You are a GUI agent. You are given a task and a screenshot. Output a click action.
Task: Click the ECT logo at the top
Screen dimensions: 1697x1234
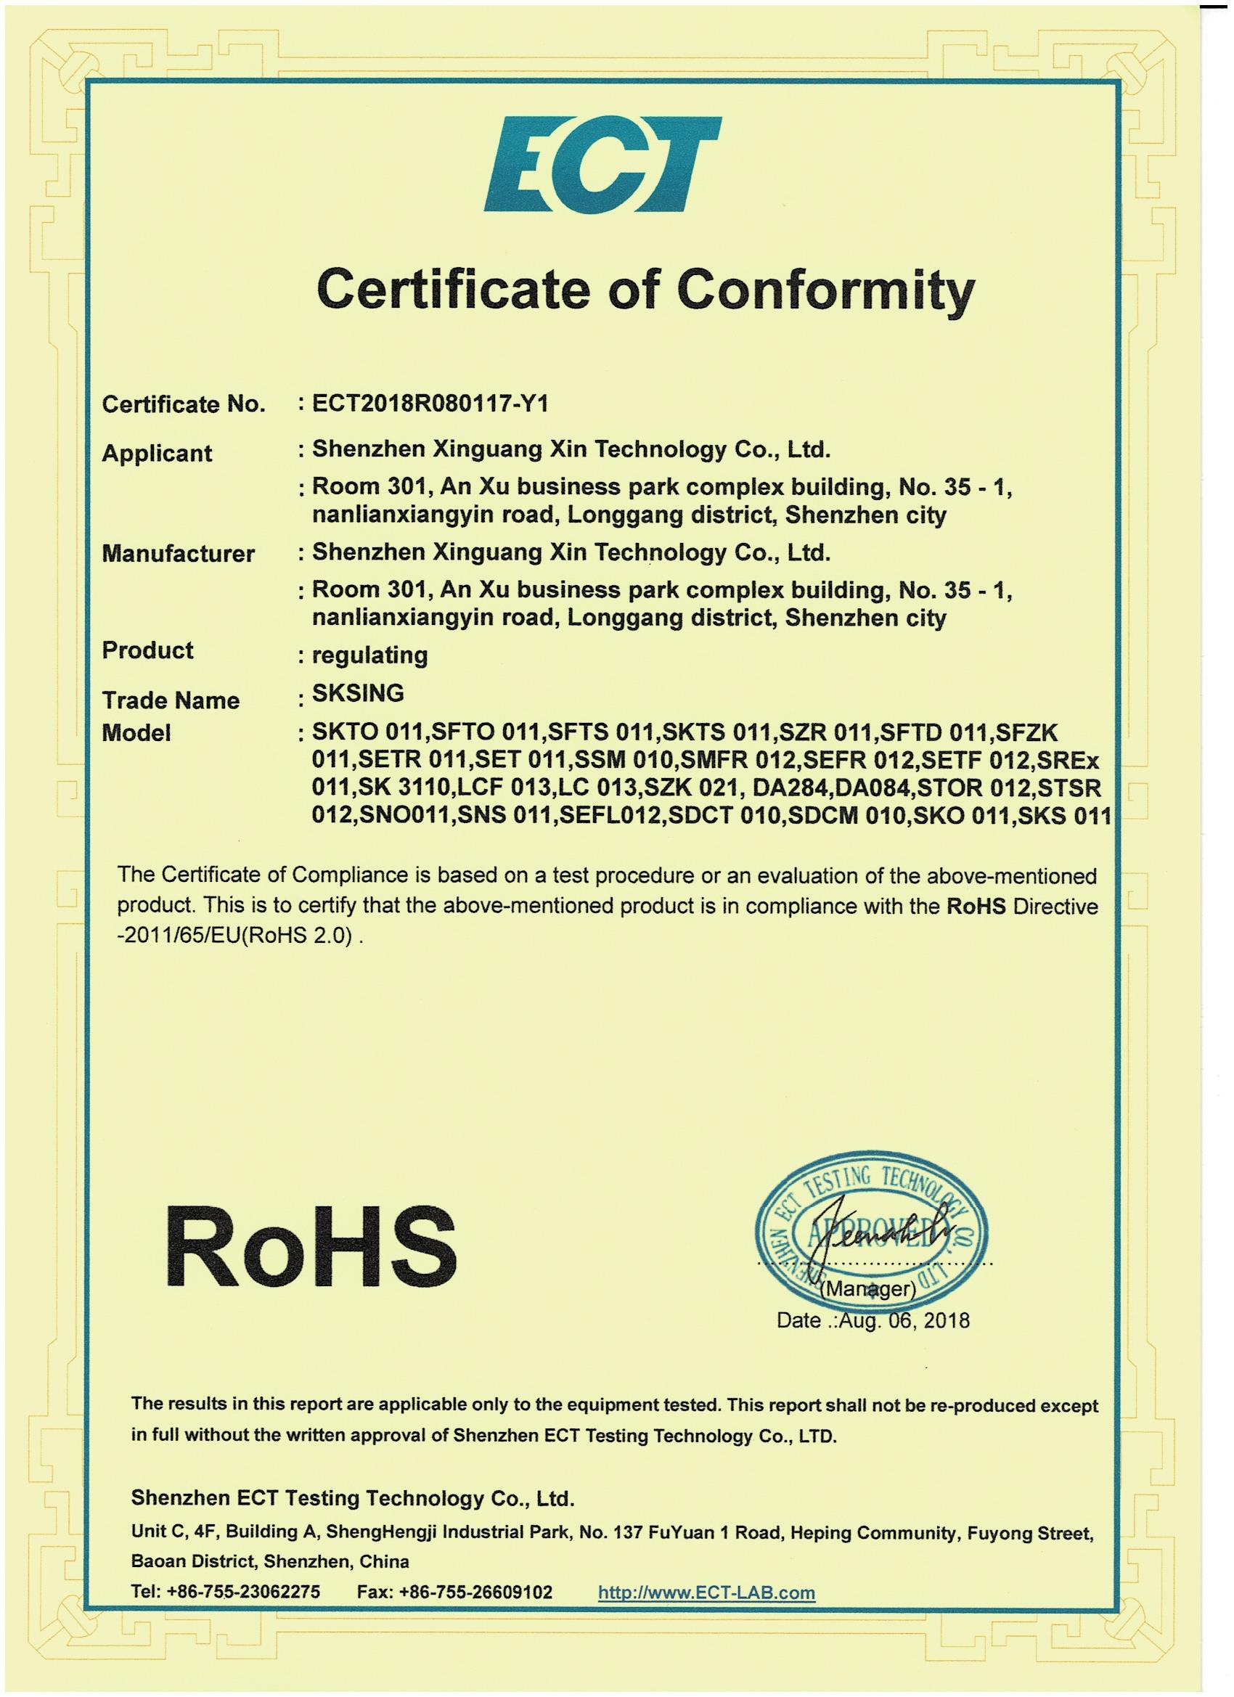602,165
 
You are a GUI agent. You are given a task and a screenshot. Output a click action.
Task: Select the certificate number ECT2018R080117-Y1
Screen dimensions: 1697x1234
430,404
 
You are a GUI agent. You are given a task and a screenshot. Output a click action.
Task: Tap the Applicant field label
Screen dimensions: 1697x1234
157,454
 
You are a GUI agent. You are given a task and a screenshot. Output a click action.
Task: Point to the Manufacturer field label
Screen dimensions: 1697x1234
178,555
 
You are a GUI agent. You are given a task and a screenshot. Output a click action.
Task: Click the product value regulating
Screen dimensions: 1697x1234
369,655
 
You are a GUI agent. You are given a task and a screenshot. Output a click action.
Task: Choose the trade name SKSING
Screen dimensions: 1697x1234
358,694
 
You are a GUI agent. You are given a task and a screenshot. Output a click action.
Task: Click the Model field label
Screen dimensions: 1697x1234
136,733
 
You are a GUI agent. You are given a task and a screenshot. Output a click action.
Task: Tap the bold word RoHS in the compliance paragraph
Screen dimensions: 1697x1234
975,907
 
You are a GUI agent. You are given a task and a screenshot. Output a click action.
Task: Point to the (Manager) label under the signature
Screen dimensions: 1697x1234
868,1289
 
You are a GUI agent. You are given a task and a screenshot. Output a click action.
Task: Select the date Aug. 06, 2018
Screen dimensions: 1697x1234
904,1320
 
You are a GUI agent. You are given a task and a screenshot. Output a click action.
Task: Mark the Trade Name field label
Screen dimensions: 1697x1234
171,701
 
